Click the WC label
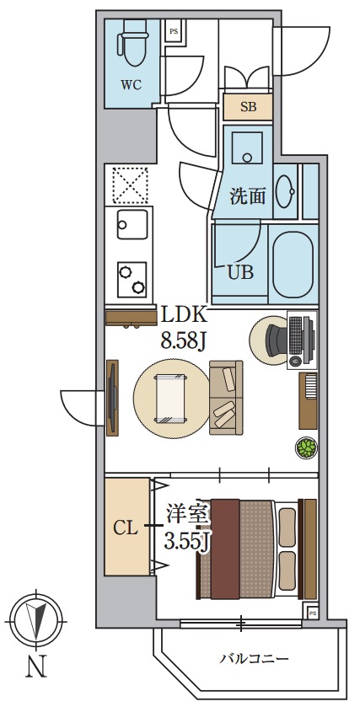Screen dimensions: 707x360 point(131,85)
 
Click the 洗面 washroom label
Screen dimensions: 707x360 point(250,197)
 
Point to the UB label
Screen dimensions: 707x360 point(240,272)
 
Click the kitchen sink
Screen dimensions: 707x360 point(132,225)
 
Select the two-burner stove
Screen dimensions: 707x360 point(132,278)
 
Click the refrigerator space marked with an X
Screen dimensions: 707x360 point(130,185)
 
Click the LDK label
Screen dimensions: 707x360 point(185,316)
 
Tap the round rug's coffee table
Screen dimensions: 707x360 point(170,399)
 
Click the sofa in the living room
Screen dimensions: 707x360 point(225,398)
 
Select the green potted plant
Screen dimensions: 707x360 point(304,447)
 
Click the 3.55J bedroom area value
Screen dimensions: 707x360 point(186,541)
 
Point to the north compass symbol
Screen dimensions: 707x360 point(35,620)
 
